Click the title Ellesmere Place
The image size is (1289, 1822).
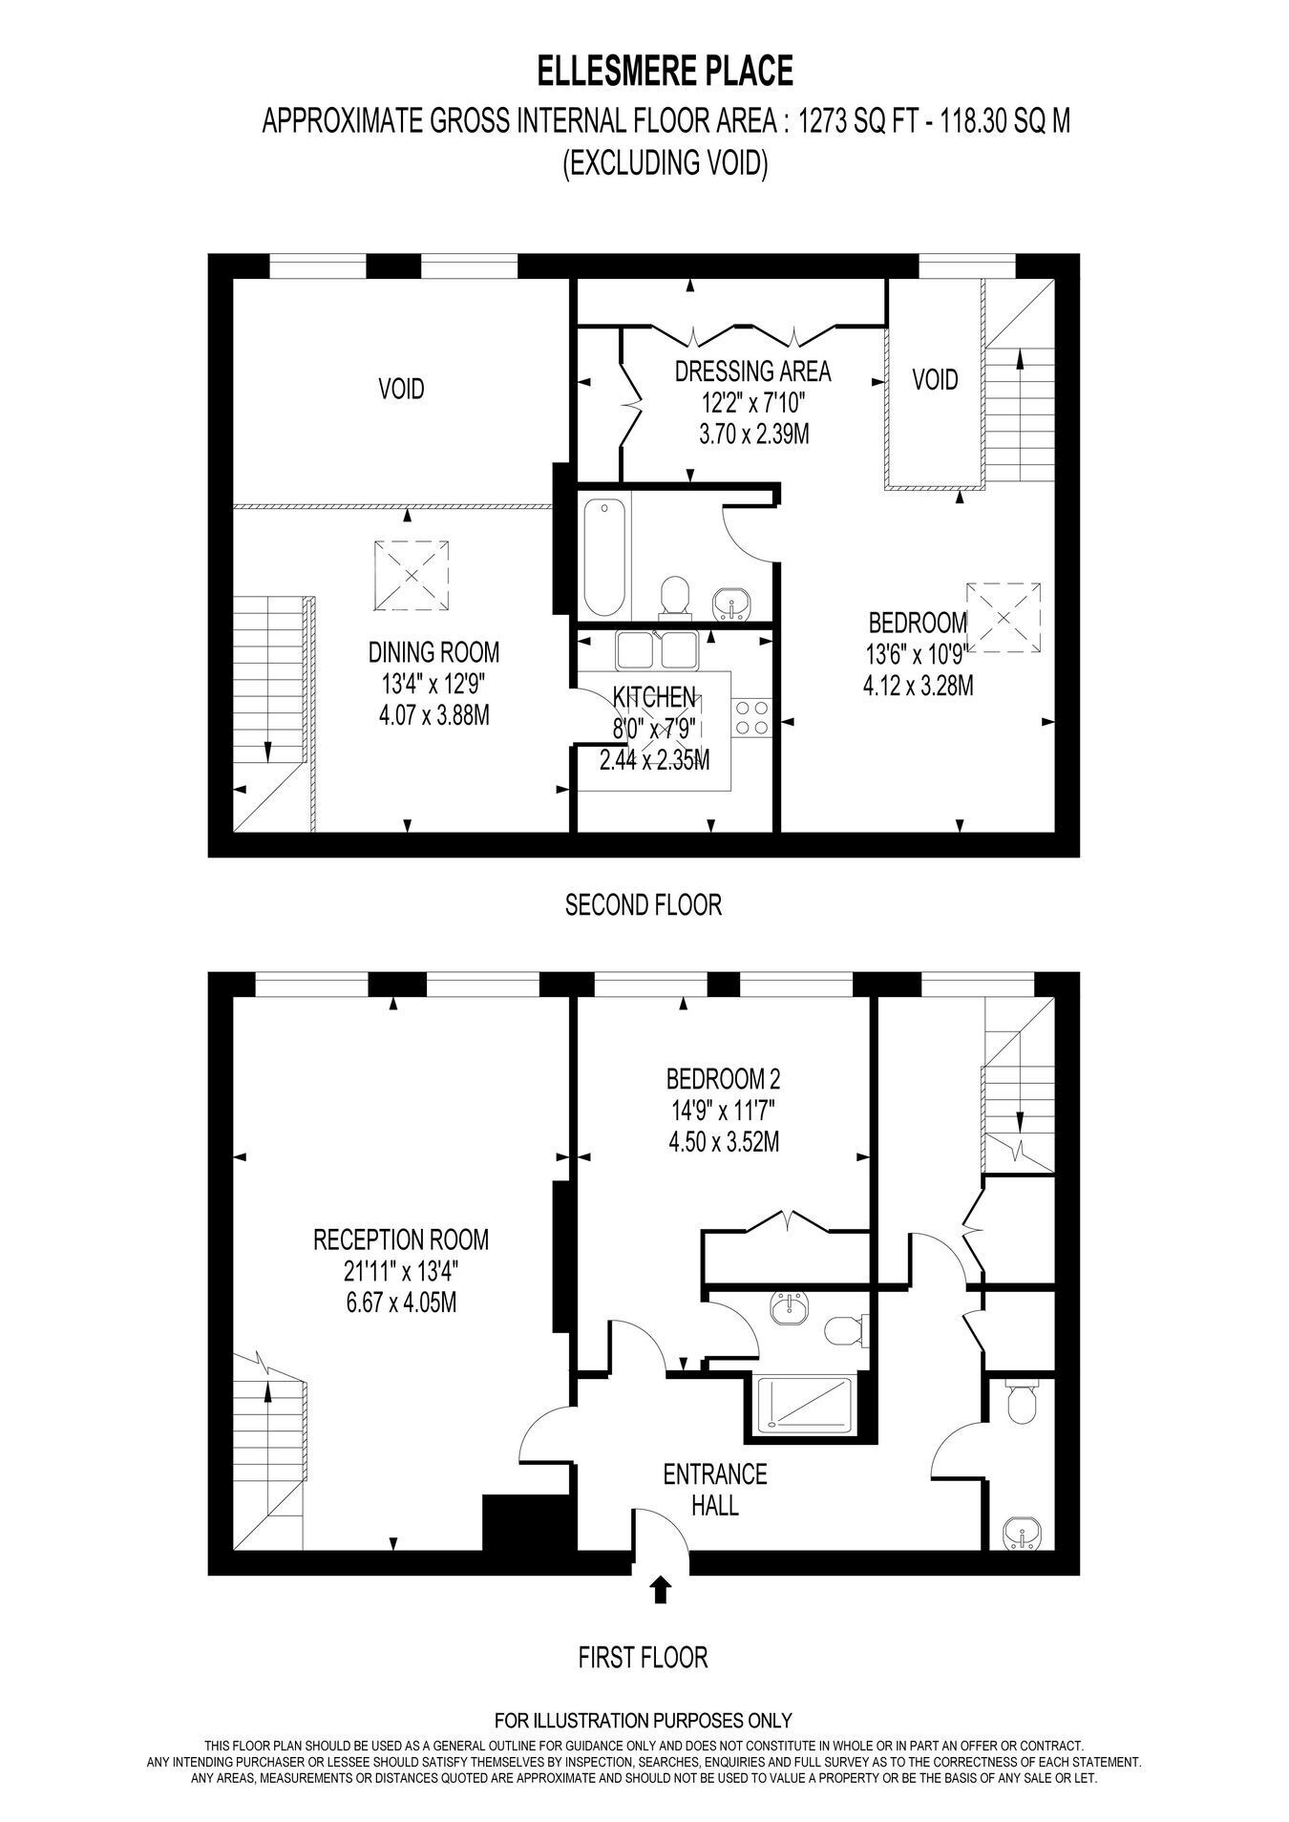coord(665,72)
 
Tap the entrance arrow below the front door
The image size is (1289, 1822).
coord(660,1589)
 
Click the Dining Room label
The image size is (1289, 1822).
coord(433,652)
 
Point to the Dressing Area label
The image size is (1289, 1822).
coord(752,371)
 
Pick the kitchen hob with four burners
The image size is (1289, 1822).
coord(751,717)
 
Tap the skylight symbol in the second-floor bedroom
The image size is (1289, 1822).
coord(1003,618)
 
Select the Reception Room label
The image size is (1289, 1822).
coord(401,1240)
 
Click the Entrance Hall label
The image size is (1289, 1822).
coord(715,1490)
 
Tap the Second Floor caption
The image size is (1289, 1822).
coord(644,904)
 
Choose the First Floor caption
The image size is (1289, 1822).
coord(644,1658)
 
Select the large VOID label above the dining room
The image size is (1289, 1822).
coord(401,389)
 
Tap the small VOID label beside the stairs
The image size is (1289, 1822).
coord(935,380)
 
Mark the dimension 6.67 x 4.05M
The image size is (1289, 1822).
coord(401,1301)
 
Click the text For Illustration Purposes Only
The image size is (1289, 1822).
coord(644,1722)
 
